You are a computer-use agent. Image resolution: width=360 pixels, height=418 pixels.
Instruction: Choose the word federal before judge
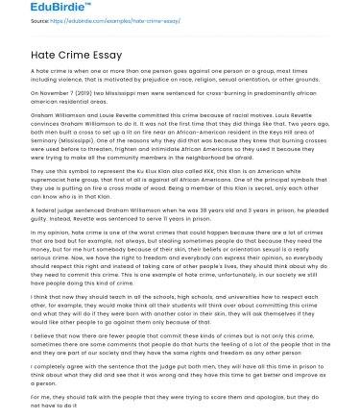(43, 203)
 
